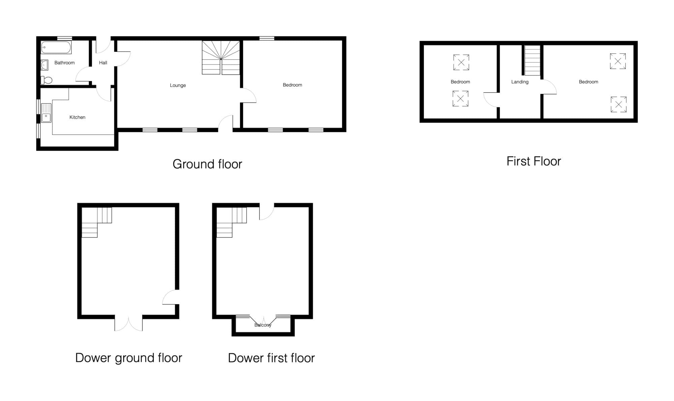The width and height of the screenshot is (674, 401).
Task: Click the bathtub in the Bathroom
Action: click(56, 48)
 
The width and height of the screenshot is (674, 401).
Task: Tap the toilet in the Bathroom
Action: click(47, 80)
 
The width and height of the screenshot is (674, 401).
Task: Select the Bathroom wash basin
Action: click(44, 65)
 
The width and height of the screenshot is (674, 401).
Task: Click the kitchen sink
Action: click(46, 113)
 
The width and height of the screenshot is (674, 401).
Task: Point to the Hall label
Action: click(103, 63)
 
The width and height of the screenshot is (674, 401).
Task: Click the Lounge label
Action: click(178, 85)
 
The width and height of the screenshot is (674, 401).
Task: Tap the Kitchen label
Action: click(78, 117)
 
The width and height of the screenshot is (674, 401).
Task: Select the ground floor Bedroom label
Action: click(293, 85)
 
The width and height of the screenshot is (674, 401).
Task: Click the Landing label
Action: click(520, 82)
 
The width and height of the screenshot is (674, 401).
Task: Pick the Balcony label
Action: click(263, 325)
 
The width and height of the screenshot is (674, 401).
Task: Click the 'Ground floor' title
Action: click(207, 164)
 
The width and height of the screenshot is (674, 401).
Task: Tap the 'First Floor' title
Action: click(534, 161)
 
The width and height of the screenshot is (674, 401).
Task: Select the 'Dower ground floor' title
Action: click(129, 358)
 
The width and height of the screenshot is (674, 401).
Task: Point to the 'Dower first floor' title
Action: click(271, 358)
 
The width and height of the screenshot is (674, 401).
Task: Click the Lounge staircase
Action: click(221, 58)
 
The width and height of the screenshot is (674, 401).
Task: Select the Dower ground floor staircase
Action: click(97, 222)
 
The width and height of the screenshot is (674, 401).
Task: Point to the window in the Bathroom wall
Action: click(64, 38)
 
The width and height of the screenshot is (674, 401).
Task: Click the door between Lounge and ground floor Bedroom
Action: click(249, 95)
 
